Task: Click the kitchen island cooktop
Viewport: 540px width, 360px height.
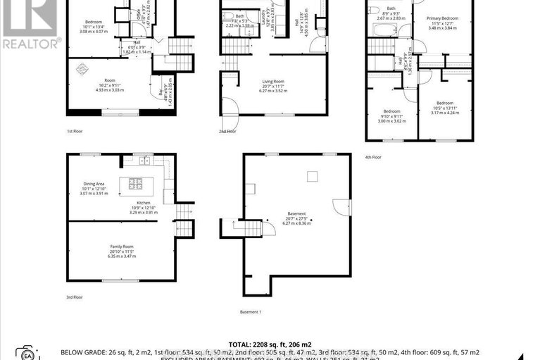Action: pyautogui.click(x=135, y=185)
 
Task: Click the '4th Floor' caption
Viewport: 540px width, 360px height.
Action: pyautogui.click(x=372, y=157)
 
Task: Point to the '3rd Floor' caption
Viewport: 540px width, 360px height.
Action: pyautogui.click(x=75, y=297)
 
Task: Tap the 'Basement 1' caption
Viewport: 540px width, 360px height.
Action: pyautogui.click(x=250, y=311)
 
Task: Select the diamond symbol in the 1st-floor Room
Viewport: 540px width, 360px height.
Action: pyautogui.click(x=82, y=69)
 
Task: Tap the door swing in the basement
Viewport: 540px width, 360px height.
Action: pyautogui.click(x=341, y=206)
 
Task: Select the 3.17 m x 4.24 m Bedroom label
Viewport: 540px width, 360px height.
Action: pyautogui.click(x=445, y=108)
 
